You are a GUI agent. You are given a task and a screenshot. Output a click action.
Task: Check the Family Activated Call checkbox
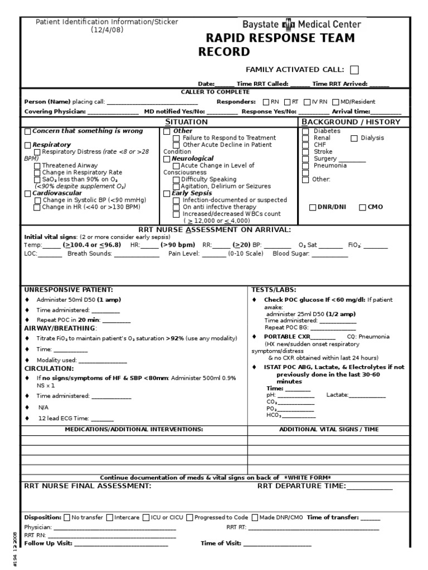(x=354, y=70)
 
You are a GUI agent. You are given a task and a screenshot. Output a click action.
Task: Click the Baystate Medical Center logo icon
(x=288, y=24)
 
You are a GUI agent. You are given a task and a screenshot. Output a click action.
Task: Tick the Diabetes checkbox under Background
(x=305, y=131)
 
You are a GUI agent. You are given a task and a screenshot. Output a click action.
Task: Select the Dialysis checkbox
(x=354, y=138)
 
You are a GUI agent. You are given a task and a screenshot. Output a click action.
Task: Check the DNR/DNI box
(x=313, y=207)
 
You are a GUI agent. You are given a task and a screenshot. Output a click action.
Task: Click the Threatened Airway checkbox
(x=37, y=165)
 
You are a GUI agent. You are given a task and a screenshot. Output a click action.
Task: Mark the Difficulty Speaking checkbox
(x=176, y=179)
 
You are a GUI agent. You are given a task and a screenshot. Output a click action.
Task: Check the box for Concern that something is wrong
(x=28, y=131)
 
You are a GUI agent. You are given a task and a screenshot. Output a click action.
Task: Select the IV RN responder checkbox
(x=307, y=102)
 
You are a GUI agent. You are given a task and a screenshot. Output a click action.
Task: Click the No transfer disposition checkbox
(x=67, y=517)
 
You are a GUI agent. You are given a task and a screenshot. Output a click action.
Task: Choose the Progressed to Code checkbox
(x=190, y=517)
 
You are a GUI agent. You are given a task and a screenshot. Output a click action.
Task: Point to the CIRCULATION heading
(x=48, y=368)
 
